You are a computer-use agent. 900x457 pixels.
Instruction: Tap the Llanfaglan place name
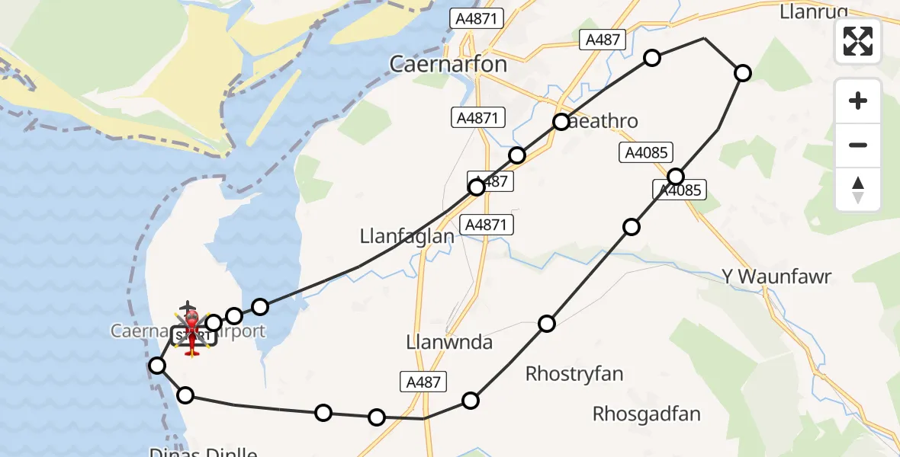(x=407, y=237)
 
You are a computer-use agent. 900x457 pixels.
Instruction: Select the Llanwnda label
(x=449, y=340)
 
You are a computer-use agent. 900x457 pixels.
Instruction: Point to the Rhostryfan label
(x=574, y=374)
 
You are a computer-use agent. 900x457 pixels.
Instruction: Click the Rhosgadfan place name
(x=647, y=414)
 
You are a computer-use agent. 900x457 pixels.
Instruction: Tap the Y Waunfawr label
(x=776, y=276)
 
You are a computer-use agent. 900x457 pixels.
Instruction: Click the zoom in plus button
(x=858, y=101)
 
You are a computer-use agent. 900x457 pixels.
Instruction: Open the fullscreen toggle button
(x=858, y=41)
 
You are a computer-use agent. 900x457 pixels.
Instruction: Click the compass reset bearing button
(x=858, y=190)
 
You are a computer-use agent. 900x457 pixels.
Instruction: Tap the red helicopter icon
(x=191, y=332)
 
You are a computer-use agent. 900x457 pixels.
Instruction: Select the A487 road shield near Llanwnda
(x=423, y=382)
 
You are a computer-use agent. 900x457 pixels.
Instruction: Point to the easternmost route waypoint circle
(x=742, y=73)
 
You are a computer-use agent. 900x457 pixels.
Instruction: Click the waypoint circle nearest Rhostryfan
(x=547, y=324)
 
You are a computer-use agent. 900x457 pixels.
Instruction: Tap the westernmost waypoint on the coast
(x=157, y=366)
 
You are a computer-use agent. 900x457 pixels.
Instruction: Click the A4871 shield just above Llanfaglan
(x=489, y=225)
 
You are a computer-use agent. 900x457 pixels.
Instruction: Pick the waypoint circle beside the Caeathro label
(x=561, y=122)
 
